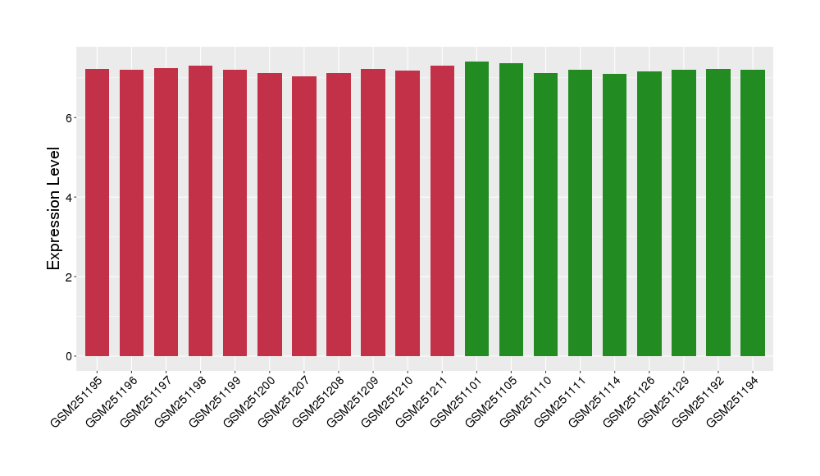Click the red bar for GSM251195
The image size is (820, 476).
pyautogui.click(x=97, y=213)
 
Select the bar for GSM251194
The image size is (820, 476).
pyautogui.click(x=753, y=213)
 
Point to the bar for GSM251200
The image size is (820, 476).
pyautogui.click(x=270, y=214)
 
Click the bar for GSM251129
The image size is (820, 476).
pyautogui.click(x=683, y=213)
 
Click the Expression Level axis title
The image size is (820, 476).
pyautogui.click(x=54, y=208)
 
